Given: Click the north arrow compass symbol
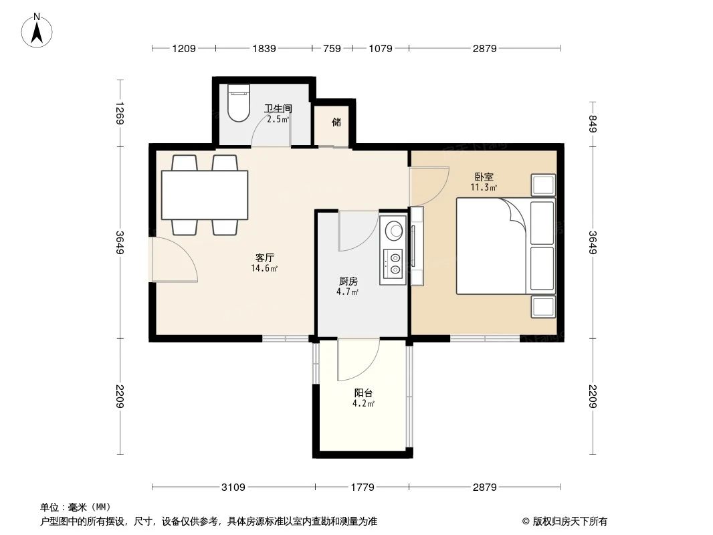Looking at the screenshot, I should [38, 30].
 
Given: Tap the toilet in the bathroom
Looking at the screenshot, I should [237, 104].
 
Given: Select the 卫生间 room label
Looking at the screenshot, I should [278, 108].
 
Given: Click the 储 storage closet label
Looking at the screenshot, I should [336, 122].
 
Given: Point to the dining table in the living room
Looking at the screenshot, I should [205, 195].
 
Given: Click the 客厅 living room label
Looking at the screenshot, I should [266, 257].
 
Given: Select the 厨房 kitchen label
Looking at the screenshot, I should [347, 282].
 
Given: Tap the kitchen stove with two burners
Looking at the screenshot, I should [393, 263].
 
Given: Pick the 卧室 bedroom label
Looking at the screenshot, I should [484, 177].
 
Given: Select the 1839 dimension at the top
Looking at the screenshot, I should [264, 48].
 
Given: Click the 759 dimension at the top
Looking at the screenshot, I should [332, 48].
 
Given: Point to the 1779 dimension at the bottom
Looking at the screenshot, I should [363, 487].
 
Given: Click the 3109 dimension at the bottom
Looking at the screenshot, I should [233, 487].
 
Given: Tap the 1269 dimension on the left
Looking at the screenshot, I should [120, 113].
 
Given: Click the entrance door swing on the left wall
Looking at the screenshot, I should [173, 260].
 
